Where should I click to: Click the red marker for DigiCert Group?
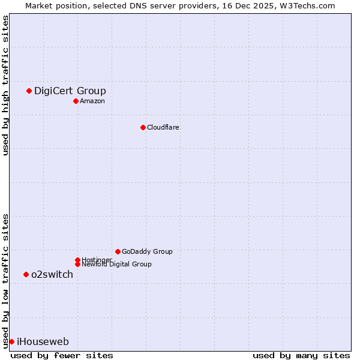29,91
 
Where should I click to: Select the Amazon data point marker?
76,101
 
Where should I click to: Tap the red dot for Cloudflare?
143,127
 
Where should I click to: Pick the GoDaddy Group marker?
118,251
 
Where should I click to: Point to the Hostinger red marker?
77,260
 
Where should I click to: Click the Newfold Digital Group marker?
77,264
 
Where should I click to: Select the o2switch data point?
26,274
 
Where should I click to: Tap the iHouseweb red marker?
11,341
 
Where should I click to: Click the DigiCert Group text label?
70,91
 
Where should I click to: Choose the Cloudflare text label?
163,127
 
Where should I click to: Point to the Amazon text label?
92,101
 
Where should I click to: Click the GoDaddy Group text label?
147,252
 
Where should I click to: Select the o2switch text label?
52,275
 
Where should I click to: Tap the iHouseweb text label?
43,342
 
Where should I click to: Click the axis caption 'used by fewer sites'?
62,355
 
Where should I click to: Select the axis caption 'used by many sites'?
301,355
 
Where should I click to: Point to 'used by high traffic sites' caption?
5,85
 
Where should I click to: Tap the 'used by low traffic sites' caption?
5,281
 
